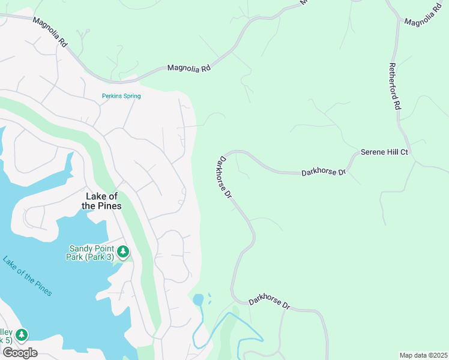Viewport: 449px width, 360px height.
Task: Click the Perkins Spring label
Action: (121, 96)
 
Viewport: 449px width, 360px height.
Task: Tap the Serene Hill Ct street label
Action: (384, 152)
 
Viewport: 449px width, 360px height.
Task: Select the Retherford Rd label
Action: (394, 86)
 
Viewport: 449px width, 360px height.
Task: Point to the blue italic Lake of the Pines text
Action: (27, 276)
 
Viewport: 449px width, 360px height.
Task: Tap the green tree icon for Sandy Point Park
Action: (123, 251)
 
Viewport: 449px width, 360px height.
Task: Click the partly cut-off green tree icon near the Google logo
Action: (22, 334)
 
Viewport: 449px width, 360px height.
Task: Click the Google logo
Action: (19, 352)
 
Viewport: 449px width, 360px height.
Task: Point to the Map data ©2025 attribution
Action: (423, 355)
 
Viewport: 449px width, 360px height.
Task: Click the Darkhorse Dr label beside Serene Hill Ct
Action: (324, 172)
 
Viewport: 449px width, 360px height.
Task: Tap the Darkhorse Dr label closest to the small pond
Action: (270, 301)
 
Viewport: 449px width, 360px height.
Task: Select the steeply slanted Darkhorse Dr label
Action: (224, 178)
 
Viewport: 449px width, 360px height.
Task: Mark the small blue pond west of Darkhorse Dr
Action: (197, 299)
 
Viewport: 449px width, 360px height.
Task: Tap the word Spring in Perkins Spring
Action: (131, 96)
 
